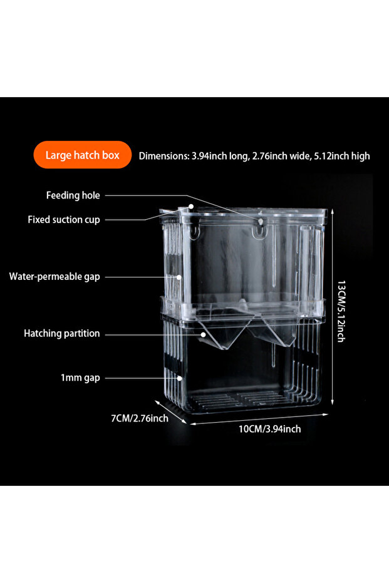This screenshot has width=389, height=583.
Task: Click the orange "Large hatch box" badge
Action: [83, 155]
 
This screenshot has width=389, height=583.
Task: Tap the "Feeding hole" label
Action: [73, 195]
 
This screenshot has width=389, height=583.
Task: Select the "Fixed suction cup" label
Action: [64, 219]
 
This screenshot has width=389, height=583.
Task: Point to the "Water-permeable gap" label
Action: [54, 277]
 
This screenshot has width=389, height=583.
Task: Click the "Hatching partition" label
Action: [62, 333]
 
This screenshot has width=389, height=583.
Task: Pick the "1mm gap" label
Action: [80, 378]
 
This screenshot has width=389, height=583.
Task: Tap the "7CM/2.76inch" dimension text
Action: [140, 418]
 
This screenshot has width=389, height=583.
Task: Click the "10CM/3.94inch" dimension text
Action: [269, 429]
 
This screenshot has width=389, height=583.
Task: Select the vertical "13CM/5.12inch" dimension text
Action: [341, 311]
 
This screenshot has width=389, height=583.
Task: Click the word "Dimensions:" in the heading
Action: [164, 156]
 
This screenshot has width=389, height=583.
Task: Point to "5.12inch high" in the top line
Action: [342, 156]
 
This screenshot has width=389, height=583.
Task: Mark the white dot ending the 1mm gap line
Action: [179, 378]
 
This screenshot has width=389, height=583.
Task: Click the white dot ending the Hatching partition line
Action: [203, 334]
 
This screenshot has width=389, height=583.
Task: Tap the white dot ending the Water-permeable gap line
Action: [179, 277]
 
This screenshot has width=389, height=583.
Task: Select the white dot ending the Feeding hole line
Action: [261, 222]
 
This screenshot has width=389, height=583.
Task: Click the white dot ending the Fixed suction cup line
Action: [191, 206]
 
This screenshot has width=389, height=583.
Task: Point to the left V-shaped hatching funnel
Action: [222, 332]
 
